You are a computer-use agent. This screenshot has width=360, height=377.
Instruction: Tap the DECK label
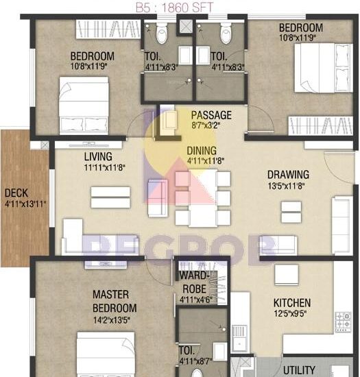click(x=16, y=193)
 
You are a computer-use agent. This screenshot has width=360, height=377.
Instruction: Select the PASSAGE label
click(x=211, y=115)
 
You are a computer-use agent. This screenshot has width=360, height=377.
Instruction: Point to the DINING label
click(x=202, y=151)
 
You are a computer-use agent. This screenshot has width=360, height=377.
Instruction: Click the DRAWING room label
click(x=288, y=175)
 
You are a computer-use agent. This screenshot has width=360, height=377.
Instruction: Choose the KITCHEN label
click(x=292, y=303)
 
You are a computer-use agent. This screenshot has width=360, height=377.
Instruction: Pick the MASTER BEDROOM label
click(x=115, y=302)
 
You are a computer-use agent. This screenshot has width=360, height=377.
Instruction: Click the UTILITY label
click(x=300, y=369)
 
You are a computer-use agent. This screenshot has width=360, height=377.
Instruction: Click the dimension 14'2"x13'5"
click(x=115, y=319)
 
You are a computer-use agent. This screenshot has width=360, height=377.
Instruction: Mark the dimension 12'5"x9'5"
click(x=292, y=315)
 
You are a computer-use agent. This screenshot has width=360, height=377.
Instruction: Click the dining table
click(x=203, y=199)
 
